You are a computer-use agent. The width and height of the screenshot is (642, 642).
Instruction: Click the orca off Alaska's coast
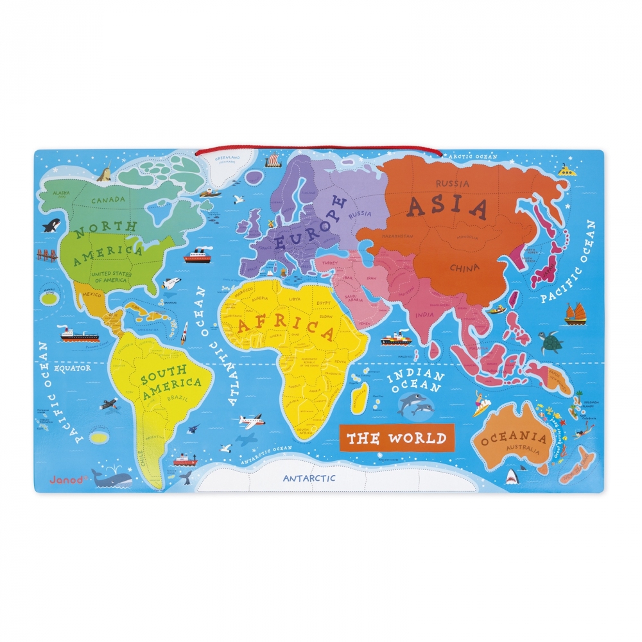pyautogui.click(x=51, y=225)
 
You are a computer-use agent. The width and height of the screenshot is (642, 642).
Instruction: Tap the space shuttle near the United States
pyautogui.click(x=170, y=283)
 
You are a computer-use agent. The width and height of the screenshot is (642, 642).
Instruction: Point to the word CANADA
pyautogui.click(x=108, y=200)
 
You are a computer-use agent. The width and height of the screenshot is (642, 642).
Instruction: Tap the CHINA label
pyautogui.click(x=464, y=267)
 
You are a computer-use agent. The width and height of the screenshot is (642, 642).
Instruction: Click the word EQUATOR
pyautogui.click(x=67, y=369)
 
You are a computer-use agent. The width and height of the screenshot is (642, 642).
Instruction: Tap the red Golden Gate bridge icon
pyautogui.click(x=48, y=255)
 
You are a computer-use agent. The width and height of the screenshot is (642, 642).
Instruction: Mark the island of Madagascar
pyautogui.click(x=360, y=398)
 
